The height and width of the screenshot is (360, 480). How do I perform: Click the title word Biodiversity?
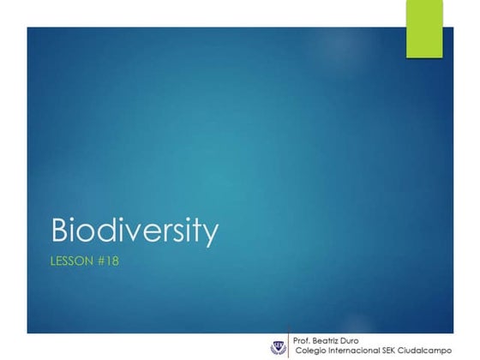point(135,231)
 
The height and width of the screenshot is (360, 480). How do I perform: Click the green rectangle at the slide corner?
point(423,28)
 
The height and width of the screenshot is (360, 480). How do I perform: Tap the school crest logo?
point(276,347)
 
